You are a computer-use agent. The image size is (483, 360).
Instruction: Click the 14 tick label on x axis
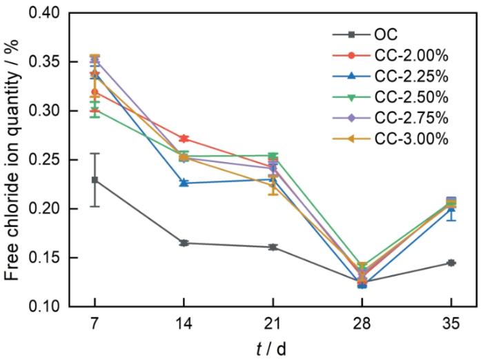pyautogui.click(x=184, y=323)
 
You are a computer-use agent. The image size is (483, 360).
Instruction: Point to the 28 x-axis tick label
pyautogui.click(x=362, y=323)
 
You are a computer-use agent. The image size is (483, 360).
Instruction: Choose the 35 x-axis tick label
pyautogui.click(x=451, y=323)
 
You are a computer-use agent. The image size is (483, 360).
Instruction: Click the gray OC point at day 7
pyautogui.click(x=95, y=180)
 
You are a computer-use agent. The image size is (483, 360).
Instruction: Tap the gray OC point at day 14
pyautogui.click(x=184, y=243)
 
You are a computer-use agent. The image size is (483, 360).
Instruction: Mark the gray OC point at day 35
pyautogui.click(x=451, y=263)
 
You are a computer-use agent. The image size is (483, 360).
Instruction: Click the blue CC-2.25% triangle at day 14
pyautogui.click(x=184, y=183)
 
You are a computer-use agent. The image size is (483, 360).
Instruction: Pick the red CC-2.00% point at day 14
pyautogui.click(x=184, y=139)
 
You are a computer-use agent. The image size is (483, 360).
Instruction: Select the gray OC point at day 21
pyautogui.click(x=273, y=247)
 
